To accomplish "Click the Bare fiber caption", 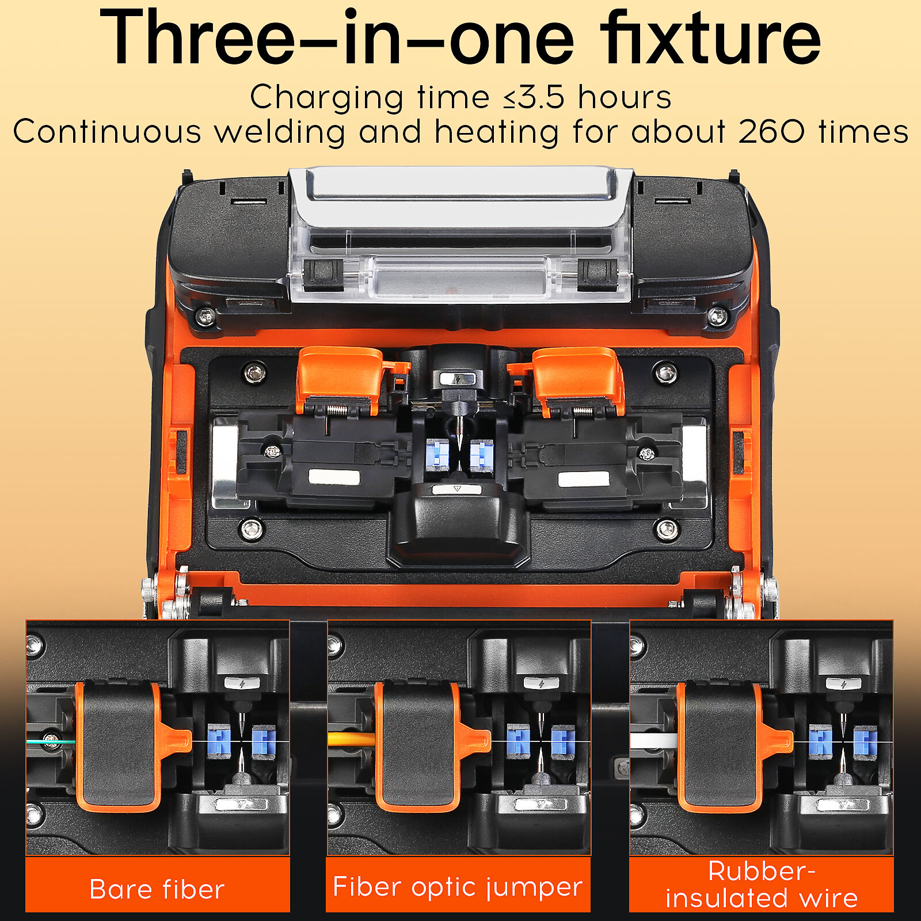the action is tap(157, 889).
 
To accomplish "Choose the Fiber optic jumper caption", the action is tap(458, 887).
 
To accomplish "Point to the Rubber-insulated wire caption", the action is tap(762, 885).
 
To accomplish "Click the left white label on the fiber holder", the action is tap(334, 478).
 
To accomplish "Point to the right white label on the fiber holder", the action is tap(584, 479).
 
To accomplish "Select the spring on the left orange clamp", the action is tap(337, 410).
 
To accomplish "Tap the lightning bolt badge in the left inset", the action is tap(242, 684).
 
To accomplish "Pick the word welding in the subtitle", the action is tap(280, 132).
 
